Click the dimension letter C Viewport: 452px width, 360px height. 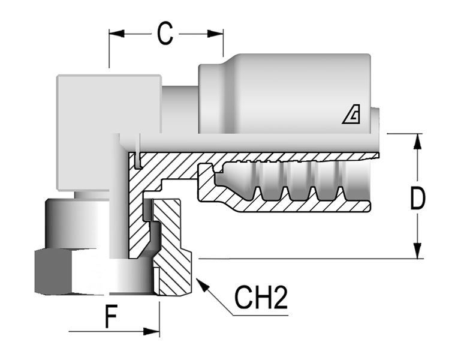click(165, 34)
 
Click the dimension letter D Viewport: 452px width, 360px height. click(417, 197)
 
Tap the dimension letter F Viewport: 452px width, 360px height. click(111, 317)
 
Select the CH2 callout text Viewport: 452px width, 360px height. click(261, 298)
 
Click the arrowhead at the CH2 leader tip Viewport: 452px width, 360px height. click(202, 285)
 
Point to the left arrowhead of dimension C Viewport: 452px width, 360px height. click(116, 34)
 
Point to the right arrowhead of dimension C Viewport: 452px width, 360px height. click(215, 34)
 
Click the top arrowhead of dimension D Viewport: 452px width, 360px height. click(417, 142)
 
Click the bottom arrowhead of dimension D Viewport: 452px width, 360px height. click(417, 251)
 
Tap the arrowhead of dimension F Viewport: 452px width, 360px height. click(152, 331)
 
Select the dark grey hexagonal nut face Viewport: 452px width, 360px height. click(53, 272)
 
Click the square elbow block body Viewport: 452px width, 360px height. click(109, 133)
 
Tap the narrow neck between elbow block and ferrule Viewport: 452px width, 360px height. click(180, 110)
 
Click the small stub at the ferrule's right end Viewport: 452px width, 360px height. click(375, 121)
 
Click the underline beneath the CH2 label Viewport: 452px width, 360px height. click(261, 315)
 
